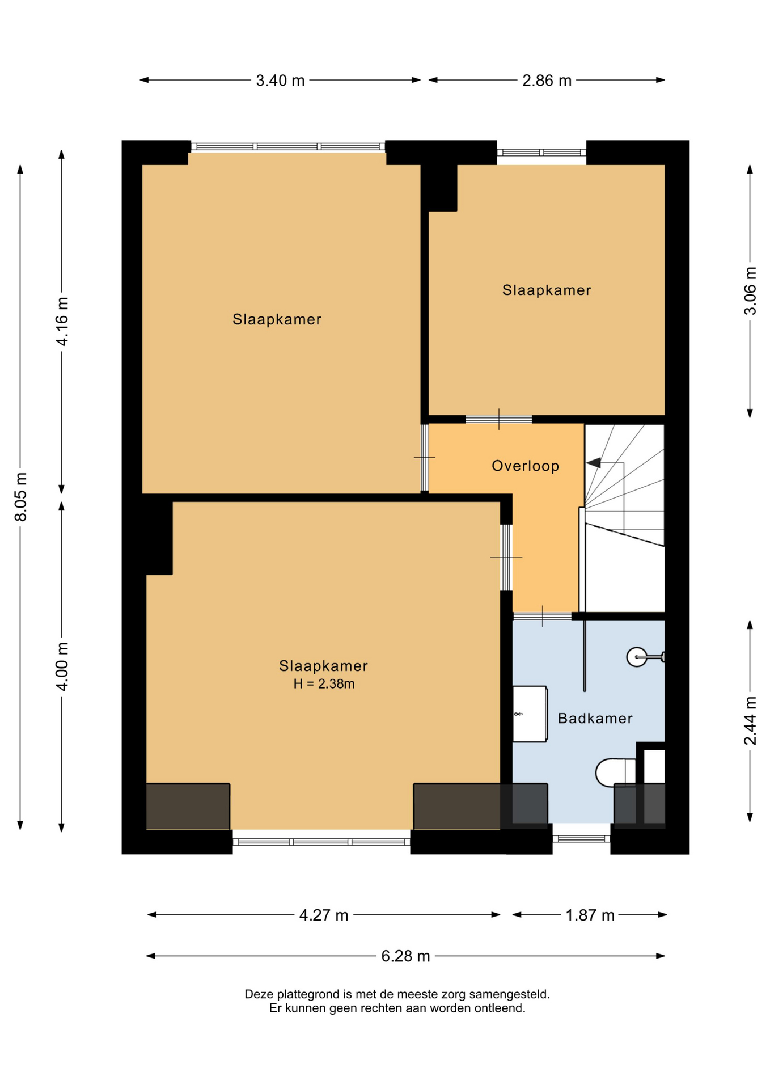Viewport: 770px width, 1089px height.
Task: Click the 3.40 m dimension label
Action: click(x=280, y=81)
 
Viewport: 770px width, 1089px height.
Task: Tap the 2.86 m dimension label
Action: click(x=547, y=81)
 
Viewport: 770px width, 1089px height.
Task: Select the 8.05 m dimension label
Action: click(x=20, y=496)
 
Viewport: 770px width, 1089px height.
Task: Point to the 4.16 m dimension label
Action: click(x=62, y=321)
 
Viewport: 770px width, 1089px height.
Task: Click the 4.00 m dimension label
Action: click(x=62, y=666)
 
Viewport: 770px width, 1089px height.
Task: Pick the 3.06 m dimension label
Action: click(x=750, y=290)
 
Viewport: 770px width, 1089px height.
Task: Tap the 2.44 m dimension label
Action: click(x=750, y=721)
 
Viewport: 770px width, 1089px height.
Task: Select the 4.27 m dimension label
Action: click(x=324, y=915)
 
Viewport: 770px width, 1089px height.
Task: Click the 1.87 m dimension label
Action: click(x=590, y=915)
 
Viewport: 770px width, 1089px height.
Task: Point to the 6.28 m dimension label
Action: click(x=405, y=956)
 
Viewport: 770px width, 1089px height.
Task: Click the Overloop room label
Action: click(x=526, y=466)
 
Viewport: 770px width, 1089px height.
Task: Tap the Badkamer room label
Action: click(x=595, y=719)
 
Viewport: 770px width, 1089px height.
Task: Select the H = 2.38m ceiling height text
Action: click(x=324, y=684)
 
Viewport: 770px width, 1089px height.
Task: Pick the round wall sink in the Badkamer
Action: click(x=637, y=657)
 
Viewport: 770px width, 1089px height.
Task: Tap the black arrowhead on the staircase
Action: click(x=594, y=463)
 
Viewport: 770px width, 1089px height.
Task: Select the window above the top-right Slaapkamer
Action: click(x=541, y=152)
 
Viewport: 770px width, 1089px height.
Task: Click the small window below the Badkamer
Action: click(x=581, y=839)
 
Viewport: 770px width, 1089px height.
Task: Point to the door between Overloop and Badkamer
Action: click(x=542, y=616)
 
